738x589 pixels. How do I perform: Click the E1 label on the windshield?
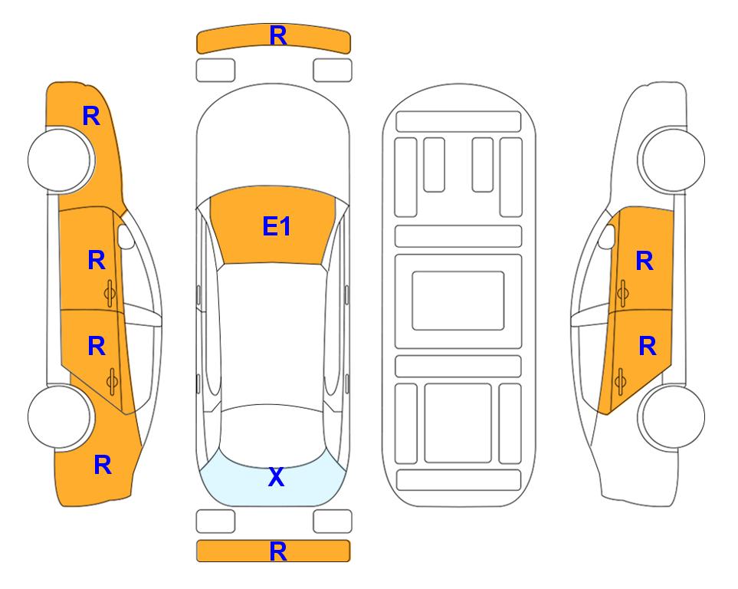(277, 225)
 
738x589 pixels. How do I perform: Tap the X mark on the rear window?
(277, 477)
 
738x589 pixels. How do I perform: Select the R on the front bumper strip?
(278, 35)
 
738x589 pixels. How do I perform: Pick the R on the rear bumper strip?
(278, 551)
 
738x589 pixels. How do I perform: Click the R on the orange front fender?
(91, 116)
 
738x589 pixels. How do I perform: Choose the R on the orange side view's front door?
(97, 260)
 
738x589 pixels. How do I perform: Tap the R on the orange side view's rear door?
(97, 346)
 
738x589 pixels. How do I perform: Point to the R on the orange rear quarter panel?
(103, 465)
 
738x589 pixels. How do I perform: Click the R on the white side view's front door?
(645, 261)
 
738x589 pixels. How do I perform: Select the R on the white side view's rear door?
(648, 347)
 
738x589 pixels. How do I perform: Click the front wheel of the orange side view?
(61, 160)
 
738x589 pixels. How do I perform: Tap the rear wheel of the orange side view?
(59, 417)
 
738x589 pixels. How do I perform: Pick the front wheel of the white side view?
(672, 160)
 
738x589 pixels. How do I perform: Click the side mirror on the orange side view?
(125, 236)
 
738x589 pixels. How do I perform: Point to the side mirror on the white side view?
(607, 236)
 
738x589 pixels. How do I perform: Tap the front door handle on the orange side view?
(110, 294)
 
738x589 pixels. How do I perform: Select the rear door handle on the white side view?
(620, 382)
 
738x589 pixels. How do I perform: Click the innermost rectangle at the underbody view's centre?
(458, 301)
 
